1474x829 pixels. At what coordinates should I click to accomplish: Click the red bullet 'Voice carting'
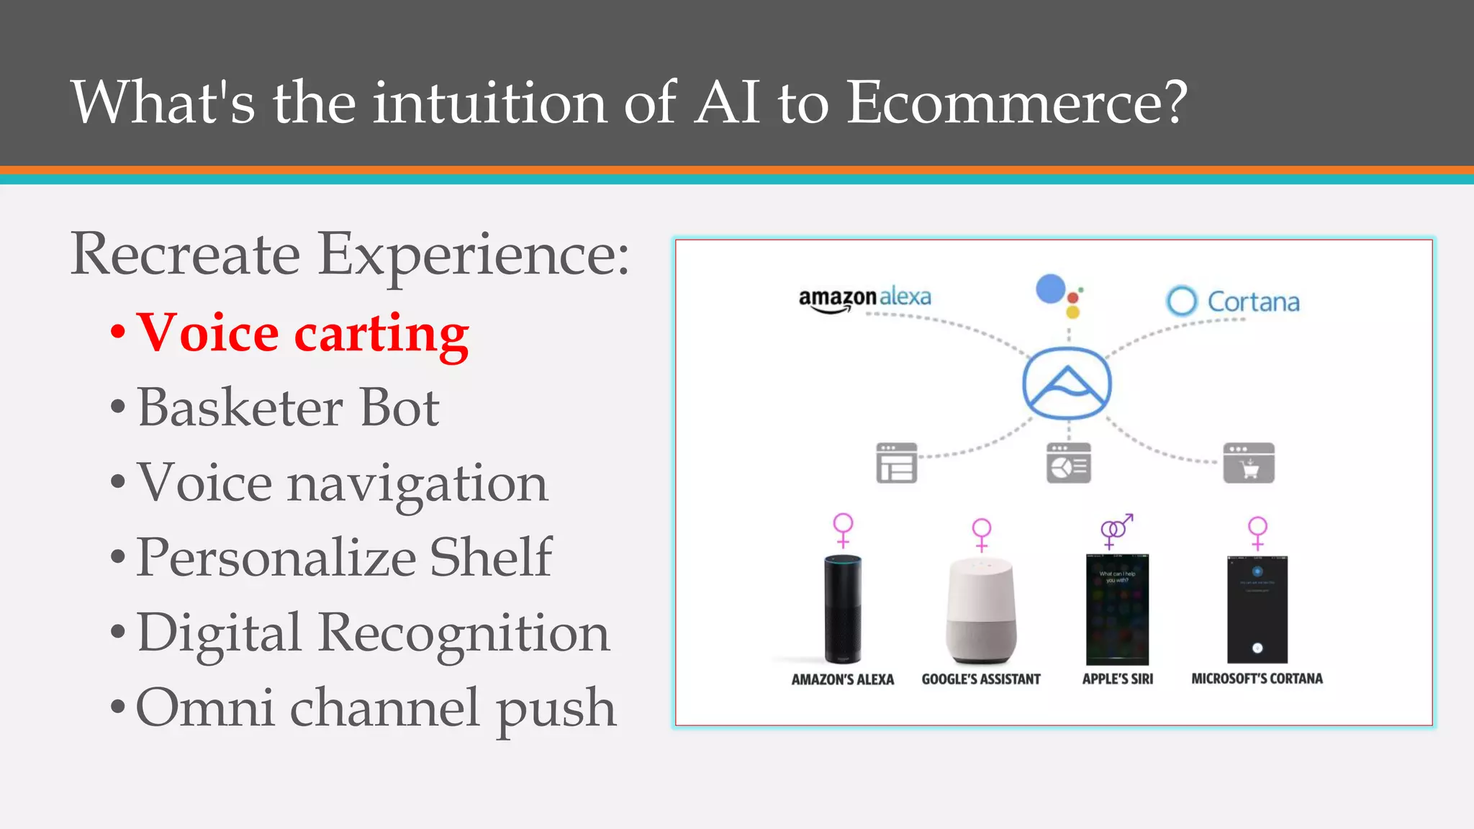pyautogui.click(x=302, y=333)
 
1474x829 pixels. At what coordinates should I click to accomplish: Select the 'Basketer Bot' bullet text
pyautogui.click(x=288, y=408)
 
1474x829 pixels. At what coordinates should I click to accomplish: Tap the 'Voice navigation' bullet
pyautogui.click(x=343, y=483)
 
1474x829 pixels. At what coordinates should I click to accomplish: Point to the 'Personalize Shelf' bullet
pyautogui.click(x=344, y=558)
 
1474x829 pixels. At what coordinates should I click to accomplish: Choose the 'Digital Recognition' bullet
pyautogui.click(x=373, y=633)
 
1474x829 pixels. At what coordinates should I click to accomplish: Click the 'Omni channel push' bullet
pyautogui.click(x=376, y=707)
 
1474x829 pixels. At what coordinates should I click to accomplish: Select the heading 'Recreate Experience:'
pyautogui.click(x=350, y=254)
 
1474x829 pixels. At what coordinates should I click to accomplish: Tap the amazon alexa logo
pyautogui.click(x=864, y=298)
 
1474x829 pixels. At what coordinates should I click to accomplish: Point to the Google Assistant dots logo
pyautogui.click(x=1059, y=295)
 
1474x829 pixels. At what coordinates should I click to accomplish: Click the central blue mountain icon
pyautogui.click(x=1067, y=384)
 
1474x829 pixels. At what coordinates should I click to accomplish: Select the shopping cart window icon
pyautogui.click(x=1249, y=463)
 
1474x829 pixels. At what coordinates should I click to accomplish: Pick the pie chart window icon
pyautogui.click(x=1069, y=463)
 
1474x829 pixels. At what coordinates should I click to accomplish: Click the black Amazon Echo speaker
pyautogui.click(x=843, y=609)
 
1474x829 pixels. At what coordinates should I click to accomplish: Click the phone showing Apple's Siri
pyautogui.click(x=1117, y=609)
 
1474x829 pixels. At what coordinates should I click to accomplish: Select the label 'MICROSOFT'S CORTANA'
pyautogui.click(x=1257, y=679)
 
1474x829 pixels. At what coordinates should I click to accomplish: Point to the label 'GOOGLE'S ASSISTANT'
pyautogui.click(x=981, y=679)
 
